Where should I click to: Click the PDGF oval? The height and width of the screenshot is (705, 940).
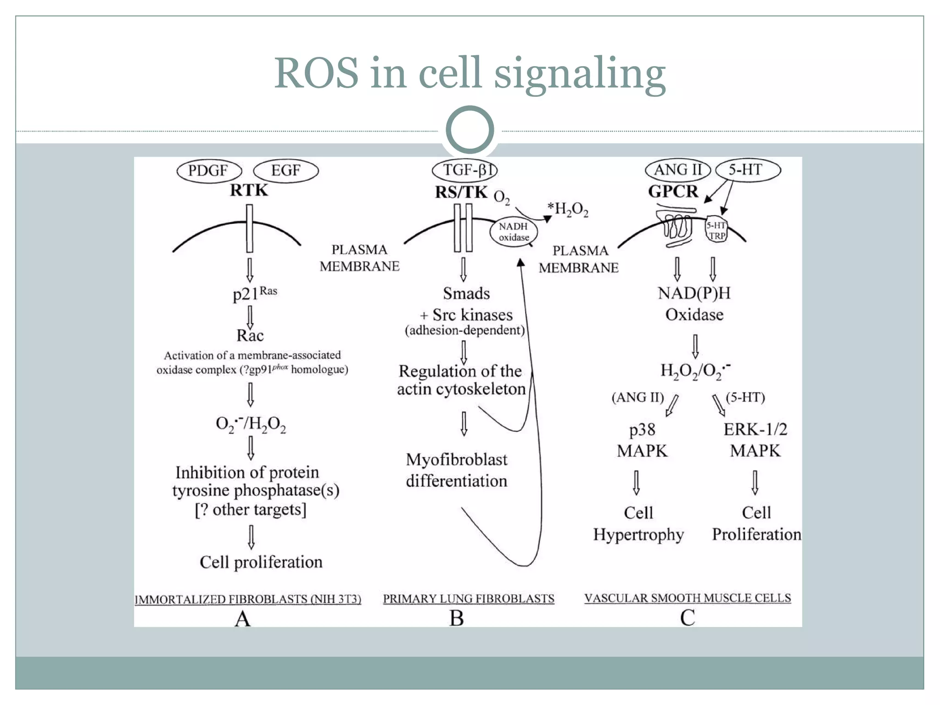(209, 171)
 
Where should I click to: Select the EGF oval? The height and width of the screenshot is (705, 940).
(285, 171)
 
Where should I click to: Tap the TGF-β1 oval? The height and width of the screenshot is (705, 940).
(465, 170)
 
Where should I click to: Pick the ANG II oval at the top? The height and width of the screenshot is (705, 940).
(677, 170)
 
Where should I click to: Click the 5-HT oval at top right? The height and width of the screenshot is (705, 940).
(747, 170)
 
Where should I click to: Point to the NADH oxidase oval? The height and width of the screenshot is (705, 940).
(514, 232)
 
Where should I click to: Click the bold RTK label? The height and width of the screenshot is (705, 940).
(249, 190)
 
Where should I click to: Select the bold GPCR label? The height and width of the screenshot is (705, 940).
(673, 191)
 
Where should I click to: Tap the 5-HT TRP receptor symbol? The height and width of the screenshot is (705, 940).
(716, 230)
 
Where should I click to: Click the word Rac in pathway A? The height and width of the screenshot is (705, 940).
(250, 336)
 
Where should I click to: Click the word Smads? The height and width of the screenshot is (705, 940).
(466, 293)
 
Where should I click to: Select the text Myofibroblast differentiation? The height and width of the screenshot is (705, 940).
(457, 470)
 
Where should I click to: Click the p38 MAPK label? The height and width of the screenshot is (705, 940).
(642, 440)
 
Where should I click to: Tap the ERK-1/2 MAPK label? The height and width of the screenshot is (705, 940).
(755, 440)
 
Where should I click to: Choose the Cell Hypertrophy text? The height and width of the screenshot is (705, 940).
(638, 524)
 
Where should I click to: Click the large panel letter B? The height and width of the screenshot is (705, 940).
(456, 618)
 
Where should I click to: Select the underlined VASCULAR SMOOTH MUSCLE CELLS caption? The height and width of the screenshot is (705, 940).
(688, 598)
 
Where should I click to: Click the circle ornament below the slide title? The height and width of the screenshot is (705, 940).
(470, 129)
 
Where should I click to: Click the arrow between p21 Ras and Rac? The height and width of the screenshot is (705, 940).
(250, 317)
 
